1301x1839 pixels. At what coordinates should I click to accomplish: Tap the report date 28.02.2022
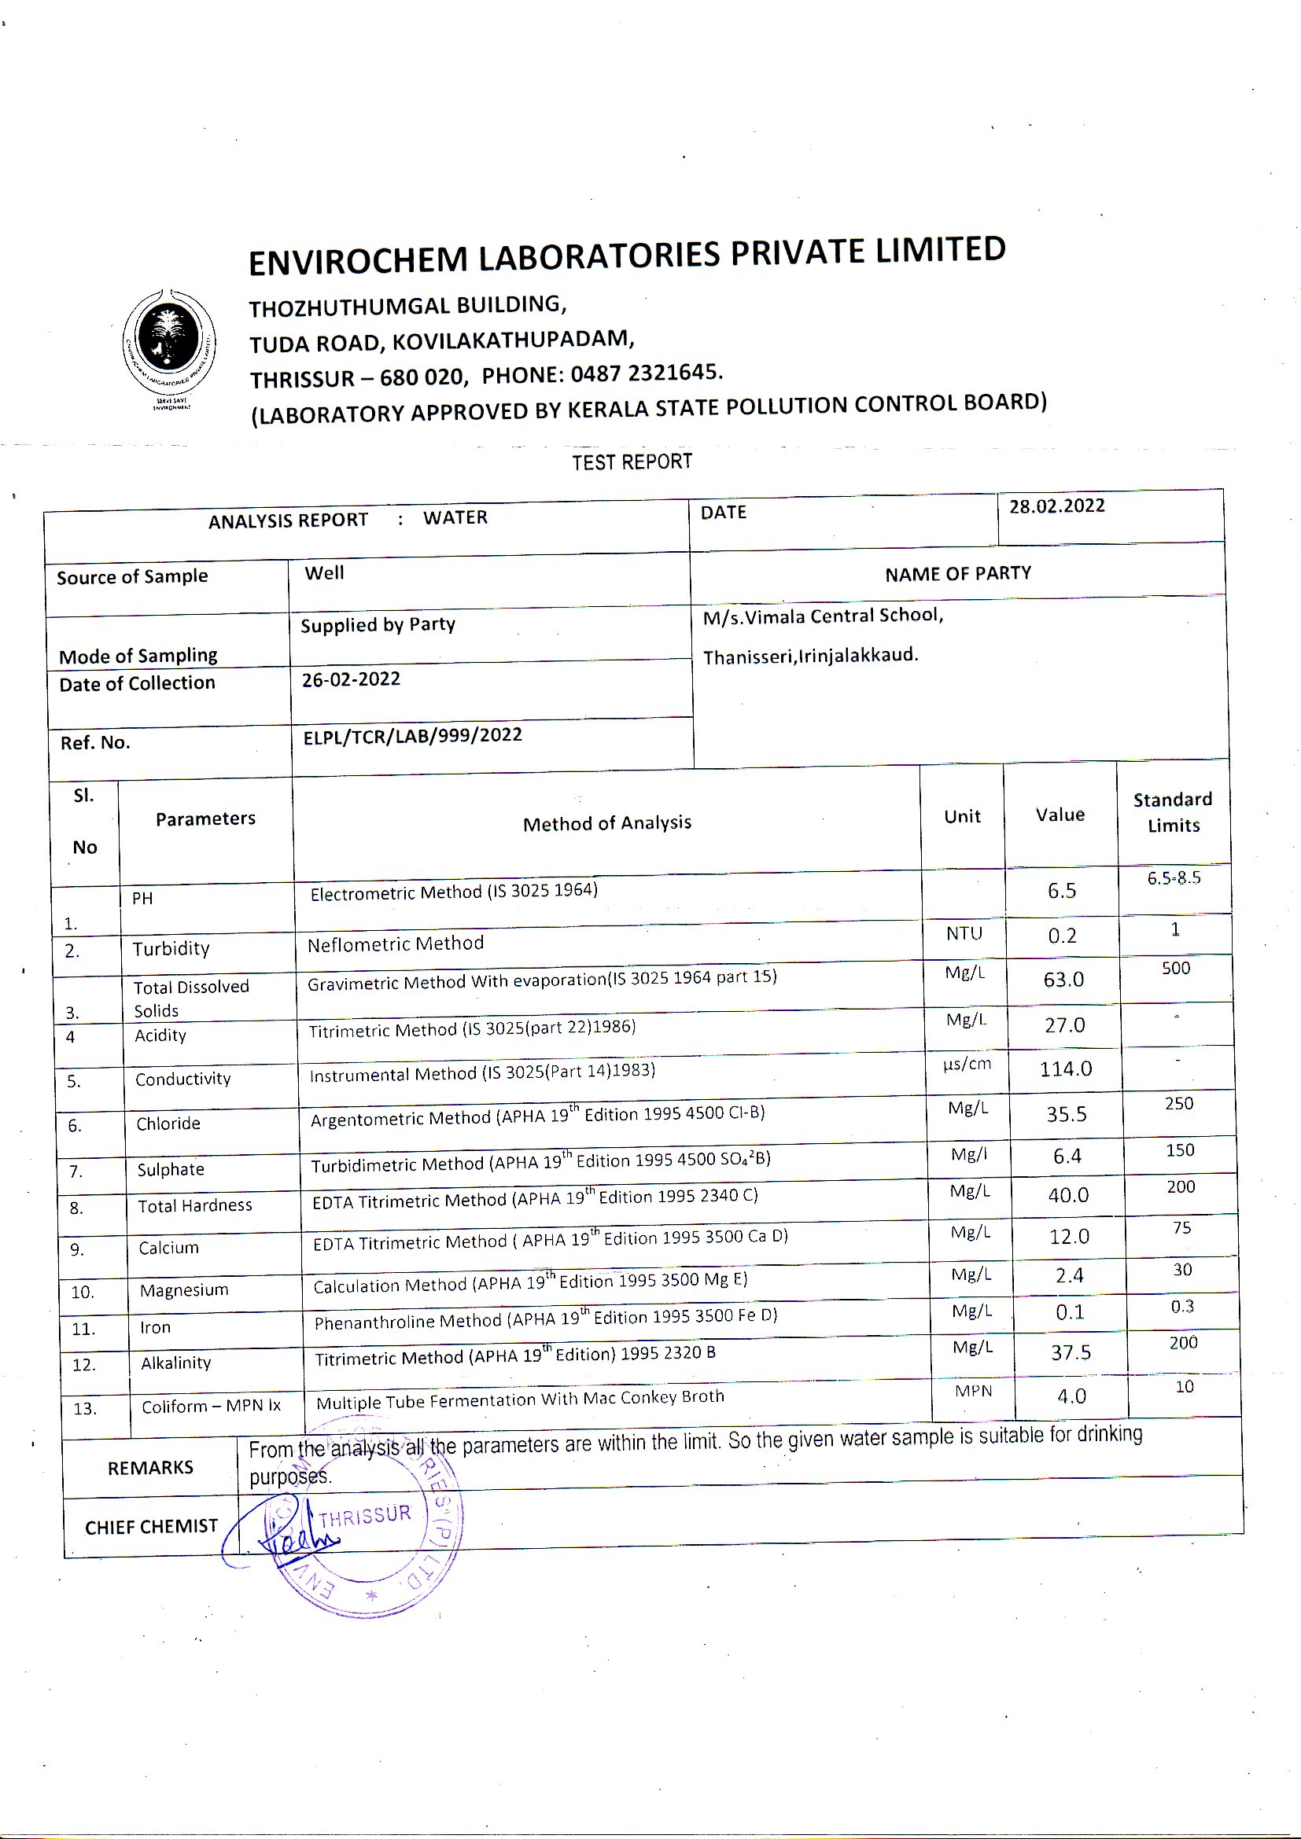pos(1056,506)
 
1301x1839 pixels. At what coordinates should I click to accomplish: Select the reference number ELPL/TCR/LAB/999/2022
pos(413,735)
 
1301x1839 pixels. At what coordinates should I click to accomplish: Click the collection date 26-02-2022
pos(351,679)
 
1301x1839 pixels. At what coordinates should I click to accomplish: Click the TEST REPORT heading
pos(632,462)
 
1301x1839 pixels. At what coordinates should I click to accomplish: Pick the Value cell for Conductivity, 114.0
pos(1066,1068)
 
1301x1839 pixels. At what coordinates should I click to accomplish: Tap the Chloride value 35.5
pos(1067,1114)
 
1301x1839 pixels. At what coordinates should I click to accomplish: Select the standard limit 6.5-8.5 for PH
pos(1174,879)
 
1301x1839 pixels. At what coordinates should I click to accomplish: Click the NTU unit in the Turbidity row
pos(964,933)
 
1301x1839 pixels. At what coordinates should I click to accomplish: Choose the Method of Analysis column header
pos(606,823)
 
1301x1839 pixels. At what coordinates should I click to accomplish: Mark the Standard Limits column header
pos(1173,812)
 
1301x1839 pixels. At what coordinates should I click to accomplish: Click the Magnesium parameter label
pos(183,1290)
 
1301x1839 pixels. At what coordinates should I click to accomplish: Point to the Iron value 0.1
pos(1070,1312)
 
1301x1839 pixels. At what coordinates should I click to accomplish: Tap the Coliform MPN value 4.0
pos(1071,1396)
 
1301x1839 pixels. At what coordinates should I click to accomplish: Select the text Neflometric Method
pos(396,944)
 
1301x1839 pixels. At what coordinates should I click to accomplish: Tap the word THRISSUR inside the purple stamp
pos(364,1515)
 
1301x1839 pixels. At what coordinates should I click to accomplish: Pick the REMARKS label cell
pos(150,1467)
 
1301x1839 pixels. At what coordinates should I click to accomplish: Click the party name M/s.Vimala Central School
pos(823,616)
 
